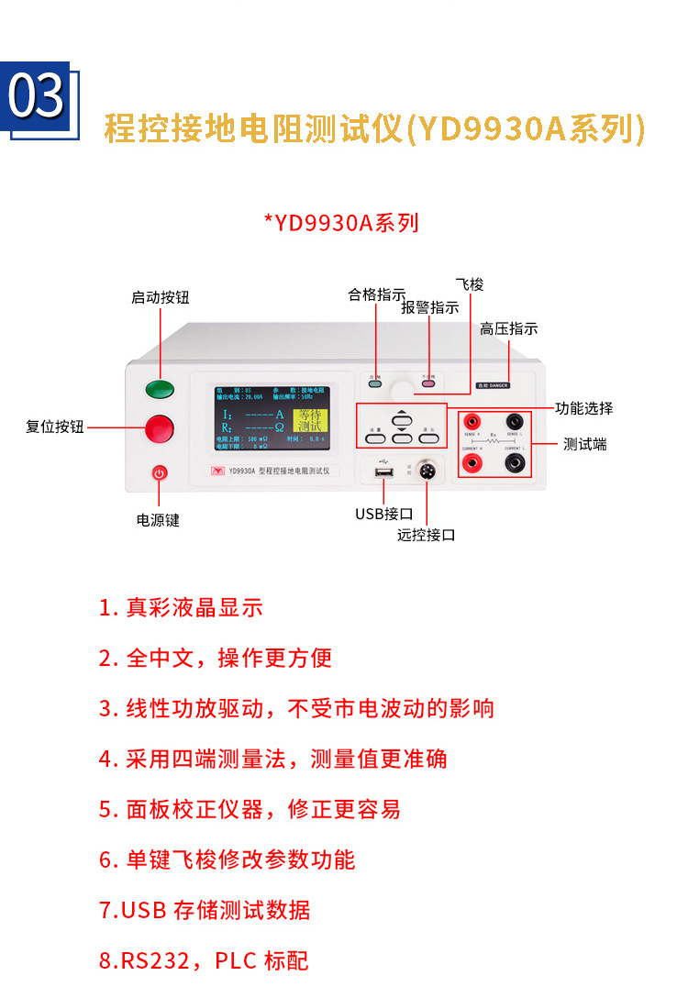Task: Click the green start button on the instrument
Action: (160, 389)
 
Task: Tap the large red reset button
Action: (160, 427)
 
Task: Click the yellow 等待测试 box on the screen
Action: (310, 421)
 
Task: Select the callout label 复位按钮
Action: (54, 427)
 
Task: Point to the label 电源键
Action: (158, 520)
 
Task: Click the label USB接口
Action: (384, 514)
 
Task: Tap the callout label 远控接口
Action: (427, 535)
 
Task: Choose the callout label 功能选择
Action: (584, 408)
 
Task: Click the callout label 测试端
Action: (584, 444)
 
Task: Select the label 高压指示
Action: (508, 328)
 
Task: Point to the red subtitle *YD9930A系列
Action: (341, 223)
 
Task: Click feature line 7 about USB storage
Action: (205, 910)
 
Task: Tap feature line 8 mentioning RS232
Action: (204, 960)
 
